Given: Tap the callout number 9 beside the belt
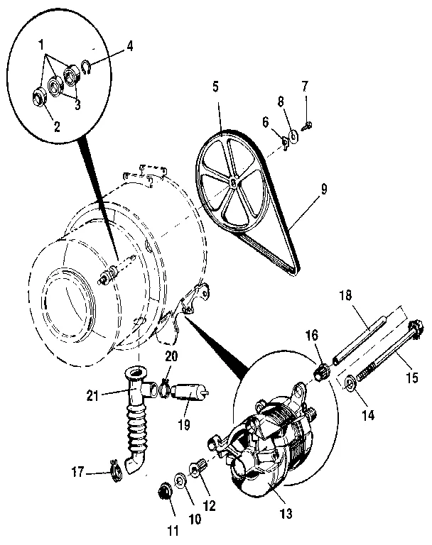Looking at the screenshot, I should click(324, 189).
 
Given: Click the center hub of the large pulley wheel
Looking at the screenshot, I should click(234, 181).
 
